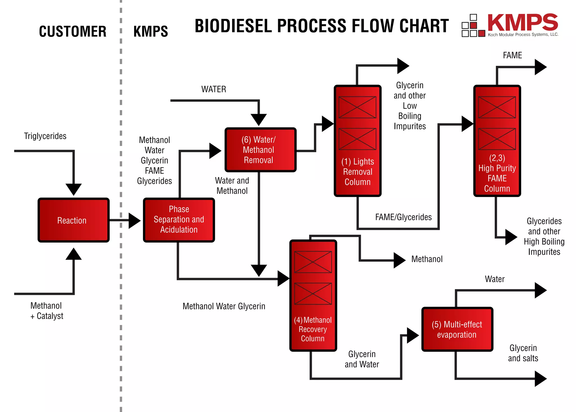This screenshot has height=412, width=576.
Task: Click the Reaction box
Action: click(x=73, y=220)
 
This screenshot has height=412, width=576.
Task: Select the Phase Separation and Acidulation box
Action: click(x=179, y=220)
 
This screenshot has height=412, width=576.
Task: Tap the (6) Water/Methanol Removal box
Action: click(x=260, y=150)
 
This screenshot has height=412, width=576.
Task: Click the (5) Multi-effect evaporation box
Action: click(x=457, y=329)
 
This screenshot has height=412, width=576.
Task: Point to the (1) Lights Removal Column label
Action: click(x=357, y=172)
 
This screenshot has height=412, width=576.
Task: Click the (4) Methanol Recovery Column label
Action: click(x=313, y=329)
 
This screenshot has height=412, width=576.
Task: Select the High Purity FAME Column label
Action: click(x=497, y=173)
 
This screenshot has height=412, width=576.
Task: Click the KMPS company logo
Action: click(x=510, y=25)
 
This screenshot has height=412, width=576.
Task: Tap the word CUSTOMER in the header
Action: click(x=73, y=31)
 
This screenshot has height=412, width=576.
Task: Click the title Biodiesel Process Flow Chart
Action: click(x=321, y=26)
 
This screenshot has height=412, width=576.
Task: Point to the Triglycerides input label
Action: click(x=45, y=136)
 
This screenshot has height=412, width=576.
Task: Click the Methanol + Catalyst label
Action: click(x=47, y=311)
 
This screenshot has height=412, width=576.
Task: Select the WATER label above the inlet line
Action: click(x=213, y=89)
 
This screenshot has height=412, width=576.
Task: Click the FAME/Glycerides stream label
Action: click(x=403, y=217)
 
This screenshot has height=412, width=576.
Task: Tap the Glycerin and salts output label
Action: click(x=523, y=353)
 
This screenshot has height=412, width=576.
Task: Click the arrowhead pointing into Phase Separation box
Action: click(x=134, y=220)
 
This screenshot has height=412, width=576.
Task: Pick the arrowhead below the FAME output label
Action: click(x=540, y=67)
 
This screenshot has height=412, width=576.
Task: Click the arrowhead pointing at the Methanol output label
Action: click(x=399, y=260)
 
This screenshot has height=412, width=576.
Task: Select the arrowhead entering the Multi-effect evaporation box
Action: click(x=412, y=335)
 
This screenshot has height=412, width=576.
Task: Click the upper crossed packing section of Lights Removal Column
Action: click(x=357, y=107)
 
